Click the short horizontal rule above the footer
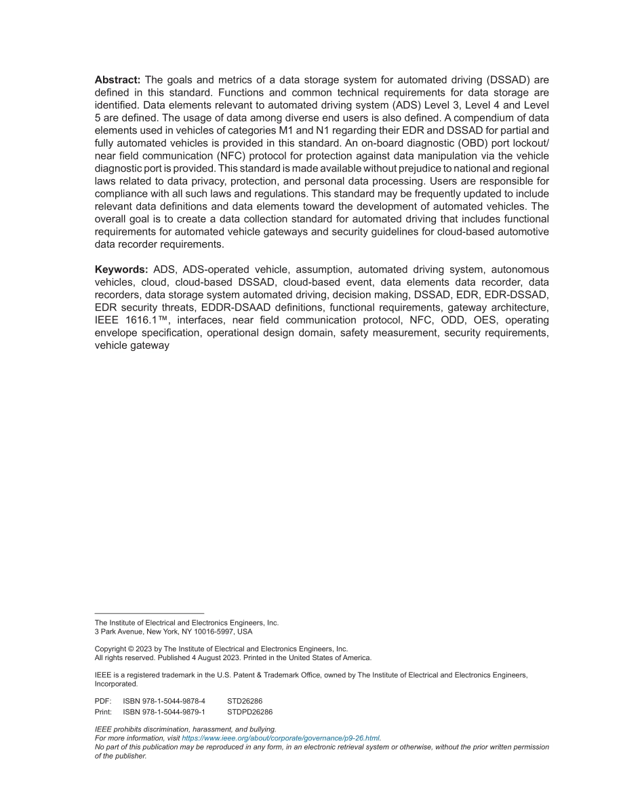(x=149, y=613)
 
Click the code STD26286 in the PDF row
(x=245, y=701)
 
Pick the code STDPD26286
(x=249, y=712)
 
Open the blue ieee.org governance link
(x=281, y=738)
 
